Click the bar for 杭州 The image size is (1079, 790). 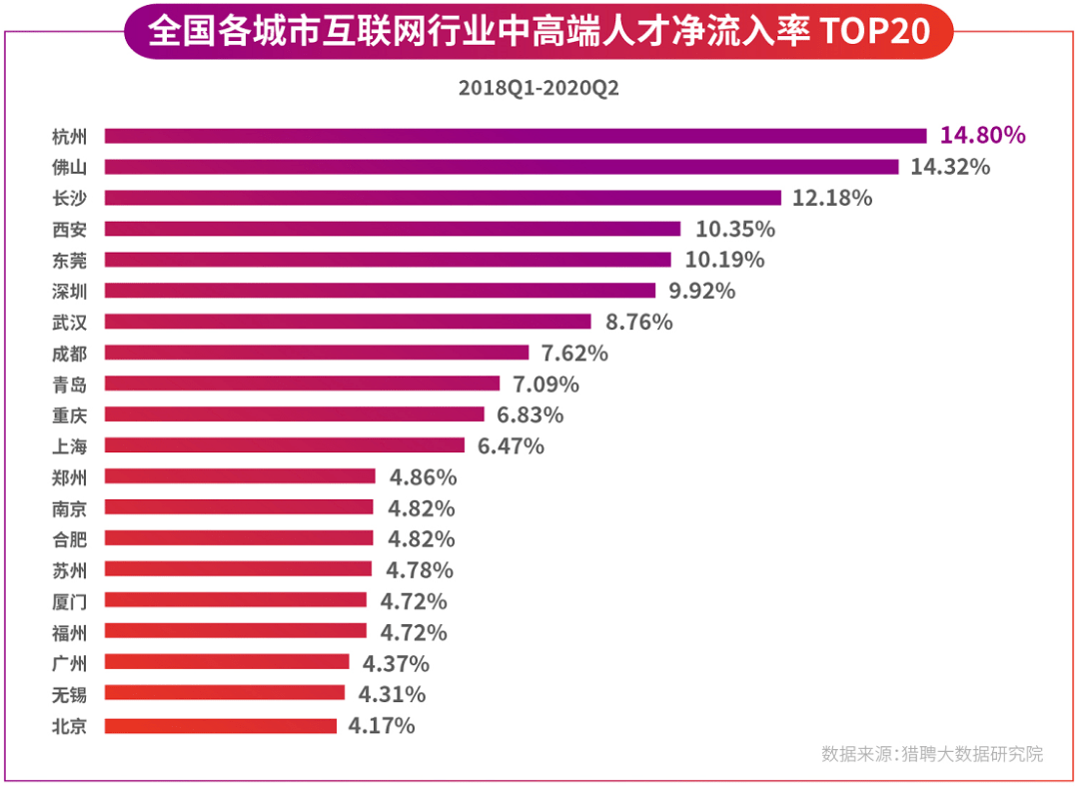(516, 136)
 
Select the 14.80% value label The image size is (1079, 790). (983, 136)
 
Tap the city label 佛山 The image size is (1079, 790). (69, 167)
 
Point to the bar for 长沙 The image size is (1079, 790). (443, 198)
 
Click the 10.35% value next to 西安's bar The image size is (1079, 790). (735, 229)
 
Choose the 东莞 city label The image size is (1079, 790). (69, 260)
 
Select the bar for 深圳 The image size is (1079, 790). (380, 291)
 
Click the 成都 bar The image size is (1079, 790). (317, 353)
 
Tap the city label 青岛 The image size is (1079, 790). (69, 384)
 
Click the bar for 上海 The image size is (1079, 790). (285, 445)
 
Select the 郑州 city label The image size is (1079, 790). (69, 476)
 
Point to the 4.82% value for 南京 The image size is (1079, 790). (421, 507)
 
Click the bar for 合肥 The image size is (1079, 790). (239, 538)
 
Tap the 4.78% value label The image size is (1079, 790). (419, 570)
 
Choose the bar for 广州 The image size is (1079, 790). (227, 662)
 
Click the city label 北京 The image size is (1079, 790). (69, 726)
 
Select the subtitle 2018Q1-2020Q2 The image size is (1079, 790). (539, 88)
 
